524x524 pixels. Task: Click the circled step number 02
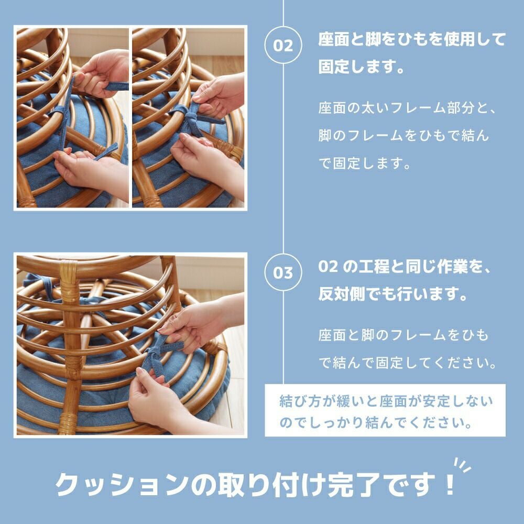[x=283, y=45]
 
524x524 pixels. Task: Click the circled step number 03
[x=283, y=272]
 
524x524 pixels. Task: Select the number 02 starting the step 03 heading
[x=328, y=267]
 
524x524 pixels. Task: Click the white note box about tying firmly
[x=385, y=410]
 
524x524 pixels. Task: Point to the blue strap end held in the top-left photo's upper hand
[x=116, y=86]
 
